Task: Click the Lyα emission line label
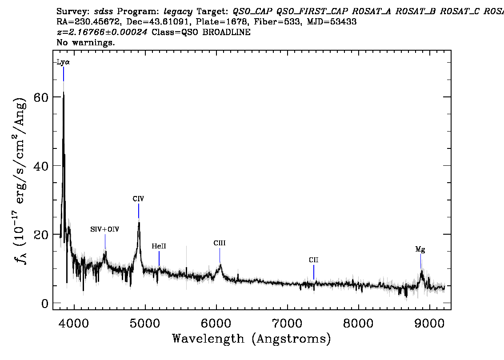tap(63, 63)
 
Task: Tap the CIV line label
tap(138, 199)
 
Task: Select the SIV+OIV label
tap(105, 229)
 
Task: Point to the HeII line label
tap(159, 246)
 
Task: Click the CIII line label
tap(220, 244)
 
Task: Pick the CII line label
tap(314, 260)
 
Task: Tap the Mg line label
tap(420, 250)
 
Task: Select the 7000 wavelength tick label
tap(287, 322)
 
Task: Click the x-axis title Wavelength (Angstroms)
tap(252, 339)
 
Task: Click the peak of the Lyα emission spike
tap(64, 92)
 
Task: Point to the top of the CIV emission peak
tap(139, 221)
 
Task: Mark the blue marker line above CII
tap(314, 272)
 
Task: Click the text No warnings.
tap(86, 43)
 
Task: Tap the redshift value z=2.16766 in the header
tap(103, 32)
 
